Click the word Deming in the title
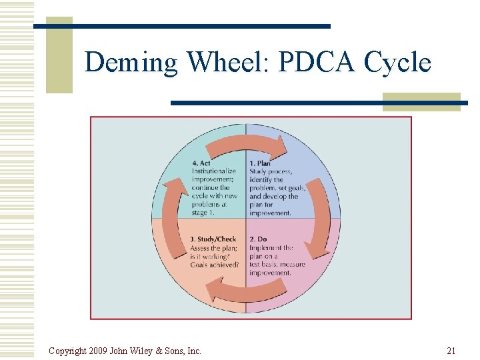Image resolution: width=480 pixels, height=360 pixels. pos(132,63)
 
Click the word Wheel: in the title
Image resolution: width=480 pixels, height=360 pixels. pos(227,62)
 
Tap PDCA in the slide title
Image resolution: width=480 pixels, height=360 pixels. pos(317,62)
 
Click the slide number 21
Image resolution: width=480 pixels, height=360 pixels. pos(451,351)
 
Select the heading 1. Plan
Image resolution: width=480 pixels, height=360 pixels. pos(260,163)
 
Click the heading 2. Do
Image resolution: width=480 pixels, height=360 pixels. pos(257,239)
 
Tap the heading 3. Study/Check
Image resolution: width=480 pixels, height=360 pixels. pos(213,239)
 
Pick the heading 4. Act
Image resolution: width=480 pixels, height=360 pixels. pos(201,163)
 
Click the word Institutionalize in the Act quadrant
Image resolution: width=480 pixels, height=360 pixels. pos(214,171)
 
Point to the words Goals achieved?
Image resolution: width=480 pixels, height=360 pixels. pos(214,265)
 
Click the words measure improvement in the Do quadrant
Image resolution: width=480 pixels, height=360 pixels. pos(277,269)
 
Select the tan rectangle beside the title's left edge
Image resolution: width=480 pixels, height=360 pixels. pos(59,57)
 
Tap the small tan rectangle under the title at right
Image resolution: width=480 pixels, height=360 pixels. pos(421,101)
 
